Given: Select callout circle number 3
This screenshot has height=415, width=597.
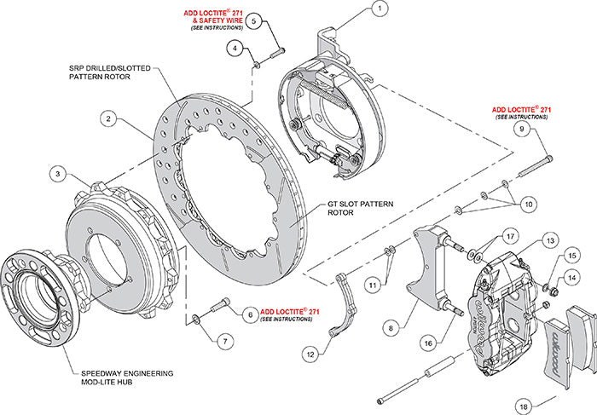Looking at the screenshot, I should (57, 174).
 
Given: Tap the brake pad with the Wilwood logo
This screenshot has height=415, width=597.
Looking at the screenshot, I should (572, 349).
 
